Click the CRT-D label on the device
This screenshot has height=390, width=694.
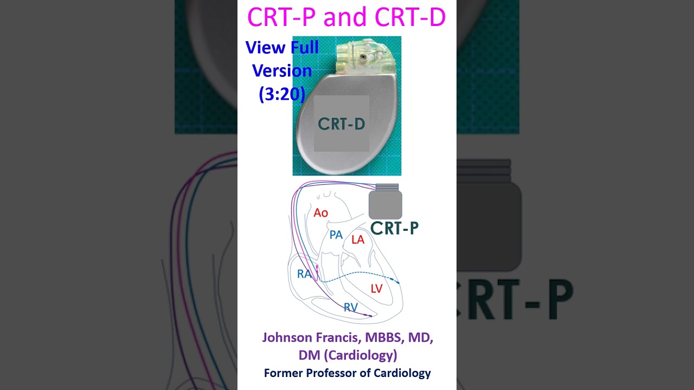(341, 124)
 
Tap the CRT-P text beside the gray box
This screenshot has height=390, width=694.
(394, 228)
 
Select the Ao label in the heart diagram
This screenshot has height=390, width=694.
(321, 213)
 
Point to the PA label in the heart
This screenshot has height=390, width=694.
(336, 235)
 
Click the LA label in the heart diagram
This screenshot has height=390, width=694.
(358, 239)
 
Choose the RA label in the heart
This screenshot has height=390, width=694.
(304, 274)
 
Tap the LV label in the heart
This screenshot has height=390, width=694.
(377, 289)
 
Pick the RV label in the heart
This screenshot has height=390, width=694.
(351, 308)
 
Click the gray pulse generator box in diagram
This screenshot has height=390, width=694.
(385, 205)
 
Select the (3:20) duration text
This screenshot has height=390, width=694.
(282, 94)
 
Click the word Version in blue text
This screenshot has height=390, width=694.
(282, 71)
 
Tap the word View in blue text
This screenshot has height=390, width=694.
(266, 48)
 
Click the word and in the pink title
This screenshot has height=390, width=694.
(345, 17)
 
